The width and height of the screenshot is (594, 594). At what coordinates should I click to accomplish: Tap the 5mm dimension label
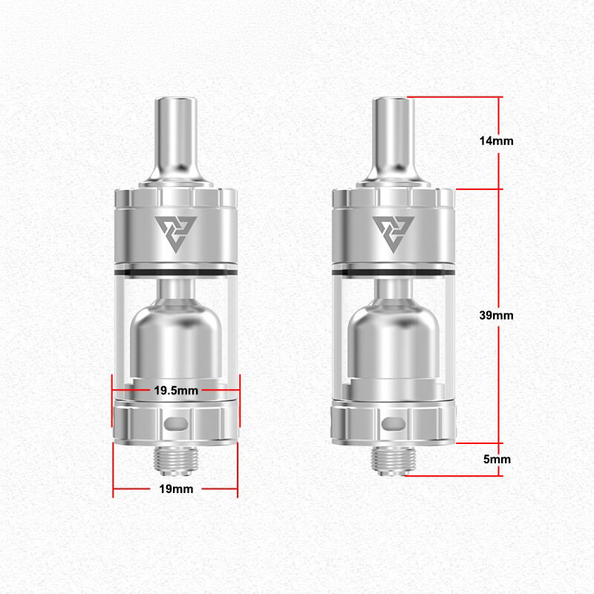click(x=497, y=460)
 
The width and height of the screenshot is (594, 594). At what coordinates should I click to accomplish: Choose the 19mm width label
click(x=175, y=489)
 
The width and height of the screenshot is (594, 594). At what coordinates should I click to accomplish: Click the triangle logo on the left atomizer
click(x=176, y=232)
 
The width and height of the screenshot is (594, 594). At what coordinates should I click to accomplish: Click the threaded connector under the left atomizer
click(x=176, y=459)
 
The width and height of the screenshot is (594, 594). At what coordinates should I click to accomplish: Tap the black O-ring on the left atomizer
click(x=176, y=269)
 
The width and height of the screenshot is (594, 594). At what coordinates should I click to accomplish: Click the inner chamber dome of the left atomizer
click(x=176, y=334)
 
